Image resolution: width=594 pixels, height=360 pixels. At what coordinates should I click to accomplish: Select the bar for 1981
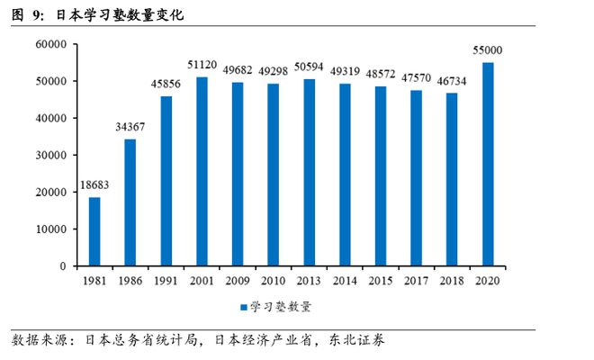coord(94,231)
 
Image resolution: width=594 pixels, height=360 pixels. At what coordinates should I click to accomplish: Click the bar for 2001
coord(202,171)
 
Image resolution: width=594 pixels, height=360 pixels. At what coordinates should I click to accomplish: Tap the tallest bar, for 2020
coord(488,164)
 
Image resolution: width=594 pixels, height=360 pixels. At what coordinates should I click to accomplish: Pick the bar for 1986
coord(130,202)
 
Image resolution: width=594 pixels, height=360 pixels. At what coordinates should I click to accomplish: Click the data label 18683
coord(94,185)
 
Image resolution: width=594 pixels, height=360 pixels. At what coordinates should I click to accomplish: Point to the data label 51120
coord(202,66)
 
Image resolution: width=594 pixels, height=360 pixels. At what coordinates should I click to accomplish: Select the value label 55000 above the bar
coord(487,50)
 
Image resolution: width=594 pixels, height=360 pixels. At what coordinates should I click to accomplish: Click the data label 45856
coord(166,85)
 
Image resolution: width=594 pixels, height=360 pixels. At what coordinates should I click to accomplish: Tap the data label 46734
coord(452,82)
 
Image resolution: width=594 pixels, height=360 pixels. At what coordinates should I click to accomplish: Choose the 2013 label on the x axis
coord(310,281)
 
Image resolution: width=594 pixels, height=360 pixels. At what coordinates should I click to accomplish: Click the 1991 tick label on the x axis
coord(166,281)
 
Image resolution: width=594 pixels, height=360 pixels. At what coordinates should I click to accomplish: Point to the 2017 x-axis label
coord(417,281)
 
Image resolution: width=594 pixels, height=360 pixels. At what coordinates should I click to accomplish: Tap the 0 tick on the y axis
coord(64,266)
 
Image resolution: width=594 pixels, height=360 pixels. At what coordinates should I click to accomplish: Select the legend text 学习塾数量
coord(280,307)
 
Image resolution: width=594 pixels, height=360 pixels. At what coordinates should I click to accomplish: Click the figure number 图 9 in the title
coord(24,15)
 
